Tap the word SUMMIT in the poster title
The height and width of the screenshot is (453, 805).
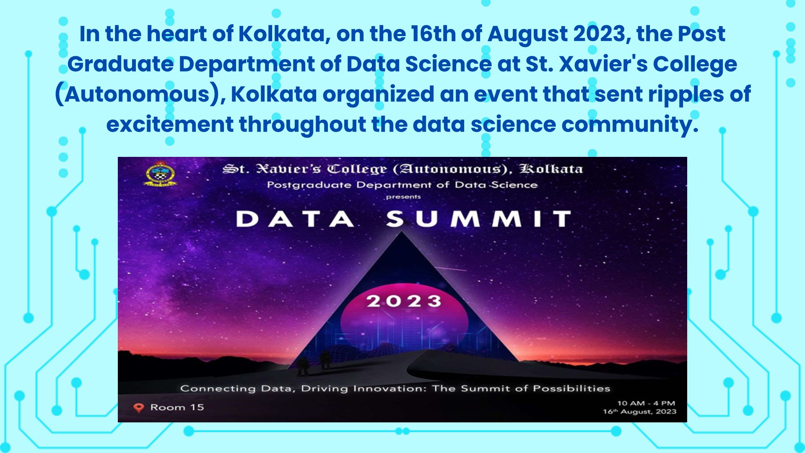(x=479, y=219)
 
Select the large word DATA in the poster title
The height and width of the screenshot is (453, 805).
(x=295, y=219)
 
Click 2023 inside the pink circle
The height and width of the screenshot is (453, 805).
(x=404, y=301)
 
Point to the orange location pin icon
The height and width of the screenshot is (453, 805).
(x=138, y=408)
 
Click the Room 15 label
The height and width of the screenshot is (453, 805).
(x=177, y=407)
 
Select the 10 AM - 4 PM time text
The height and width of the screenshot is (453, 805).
(x=646, y=403)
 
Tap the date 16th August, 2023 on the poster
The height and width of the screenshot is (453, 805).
(x=640, y=411)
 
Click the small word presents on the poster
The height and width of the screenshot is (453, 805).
(x=403, y=197)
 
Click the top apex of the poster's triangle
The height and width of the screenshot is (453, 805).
(x=402, y=232)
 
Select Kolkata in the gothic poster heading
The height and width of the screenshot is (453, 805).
(x=551, y=169)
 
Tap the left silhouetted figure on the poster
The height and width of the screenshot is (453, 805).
(x=303, y=366)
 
